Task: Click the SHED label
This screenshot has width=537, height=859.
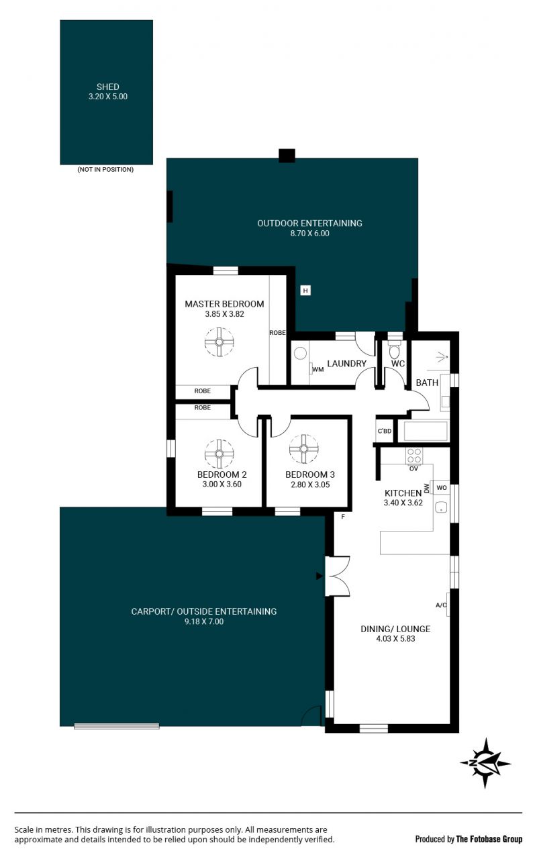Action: tap(108, 87)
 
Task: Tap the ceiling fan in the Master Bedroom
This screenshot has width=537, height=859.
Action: tap(219, 342)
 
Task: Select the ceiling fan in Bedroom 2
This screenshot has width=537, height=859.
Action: tap(219, 454)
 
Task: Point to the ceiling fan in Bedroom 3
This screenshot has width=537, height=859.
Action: tap(304, 449)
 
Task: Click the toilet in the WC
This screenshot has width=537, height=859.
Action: tap(394, 350)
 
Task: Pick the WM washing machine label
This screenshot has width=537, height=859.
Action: tap(318, 369)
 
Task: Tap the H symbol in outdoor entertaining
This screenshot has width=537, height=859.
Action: tap(305, 291)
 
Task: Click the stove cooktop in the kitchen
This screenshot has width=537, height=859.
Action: tap(414, 456)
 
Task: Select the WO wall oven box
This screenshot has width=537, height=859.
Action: tap(441, 487)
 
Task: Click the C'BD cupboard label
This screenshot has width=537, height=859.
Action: tap(385, 431)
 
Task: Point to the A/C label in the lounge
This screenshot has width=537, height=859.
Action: tap(441, 605)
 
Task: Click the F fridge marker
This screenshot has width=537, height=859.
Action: tap(343, 517)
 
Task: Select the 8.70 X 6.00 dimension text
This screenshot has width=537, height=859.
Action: tap(309, 233)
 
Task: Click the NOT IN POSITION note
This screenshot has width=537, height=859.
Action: tap(105, 169)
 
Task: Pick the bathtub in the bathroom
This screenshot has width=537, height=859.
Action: tap(426, 432)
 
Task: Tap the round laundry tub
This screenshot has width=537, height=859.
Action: tap(300, 353)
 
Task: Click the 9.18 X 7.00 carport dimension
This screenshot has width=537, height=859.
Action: tap(204, 621)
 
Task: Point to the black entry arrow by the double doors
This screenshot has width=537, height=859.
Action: tap(319, 576)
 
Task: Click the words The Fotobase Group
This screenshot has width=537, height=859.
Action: tap(489, 839)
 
